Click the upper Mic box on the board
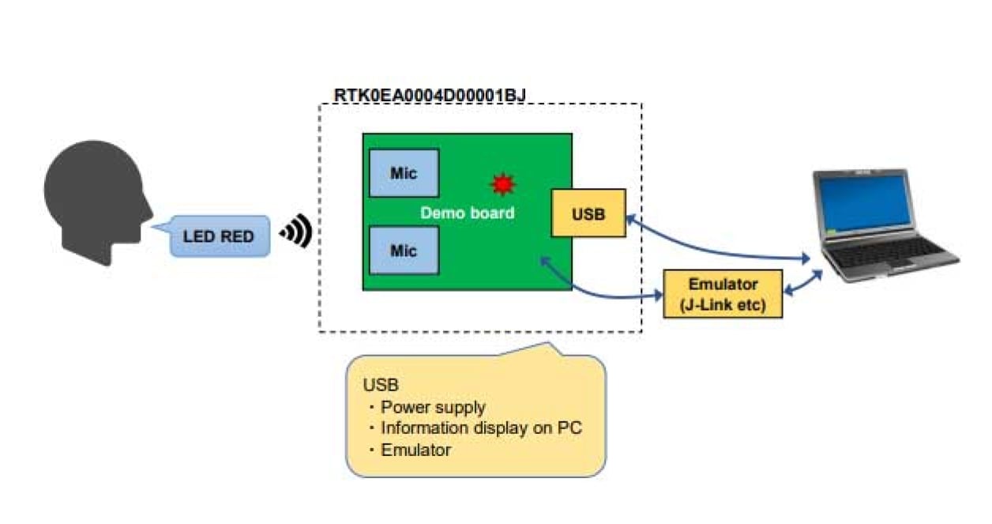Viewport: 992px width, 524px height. coord(404,172)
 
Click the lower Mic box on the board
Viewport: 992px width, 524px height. coord(404,250)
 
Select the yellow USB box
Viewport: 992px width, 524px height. coord(588,213)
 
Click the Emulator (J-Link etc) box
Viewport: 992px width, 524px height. coord(723,294)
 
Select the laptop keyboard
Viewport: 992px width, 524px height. coord(885,252)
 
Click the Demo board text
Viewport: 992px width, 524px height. coord(467,213)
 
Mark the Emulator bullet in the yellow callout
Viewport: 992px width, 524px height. coord(415,450)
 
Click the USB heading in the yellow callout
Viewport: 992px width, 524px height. coord(381,386)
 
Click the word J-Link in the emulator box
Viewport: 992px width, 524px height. coord(712,304)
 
